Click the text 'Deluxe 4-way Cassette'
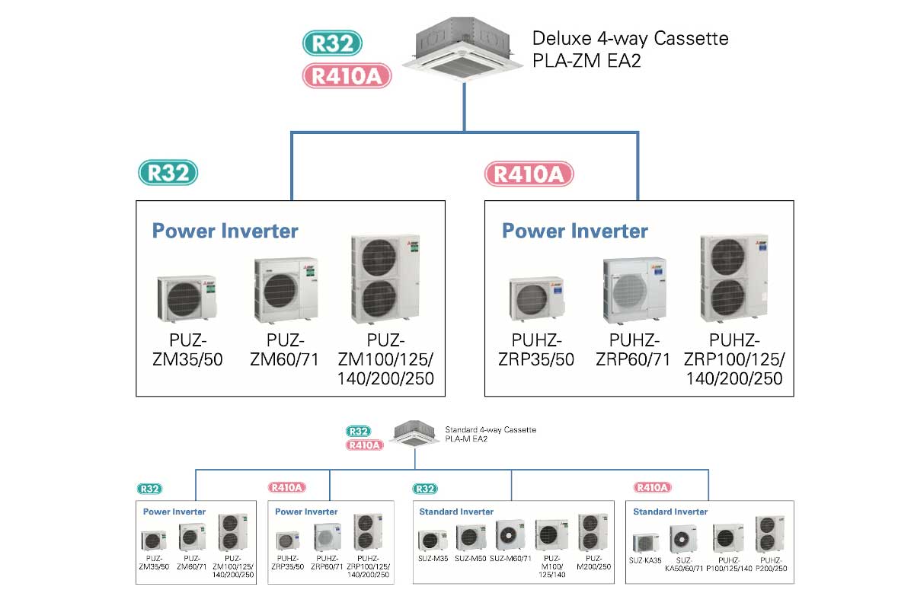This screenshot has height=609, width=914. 630,38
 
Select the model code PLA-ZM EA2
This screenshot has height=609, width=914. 586,60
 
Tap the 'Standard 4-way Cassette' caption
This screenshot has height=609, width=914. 490,430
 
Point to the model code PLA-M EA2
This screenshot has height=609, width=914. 466,439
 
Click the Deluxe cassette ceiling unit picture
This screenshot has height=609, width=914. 463,51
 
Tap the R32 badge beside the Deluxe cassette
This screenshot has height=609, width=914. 332,43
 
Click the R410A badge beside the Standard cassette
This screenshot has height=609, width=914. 365,445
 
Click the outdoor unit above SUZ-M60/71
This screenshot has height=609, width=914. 510,535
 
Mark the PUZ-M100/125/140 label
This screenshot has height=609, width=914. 552,566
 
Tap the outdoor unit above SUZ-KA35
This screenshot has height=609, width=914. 646,542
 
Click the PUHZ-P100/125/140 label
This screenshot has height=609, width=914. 727,563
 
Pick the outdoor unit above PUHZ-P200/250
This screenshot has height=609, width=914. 770,534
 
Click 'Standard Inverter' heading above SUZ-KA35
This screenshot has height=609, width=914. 670,512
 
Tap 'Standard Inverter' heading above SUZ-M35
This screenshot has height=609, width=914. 456,512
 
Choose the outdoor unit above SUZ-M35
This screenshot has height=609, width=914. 433,540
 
